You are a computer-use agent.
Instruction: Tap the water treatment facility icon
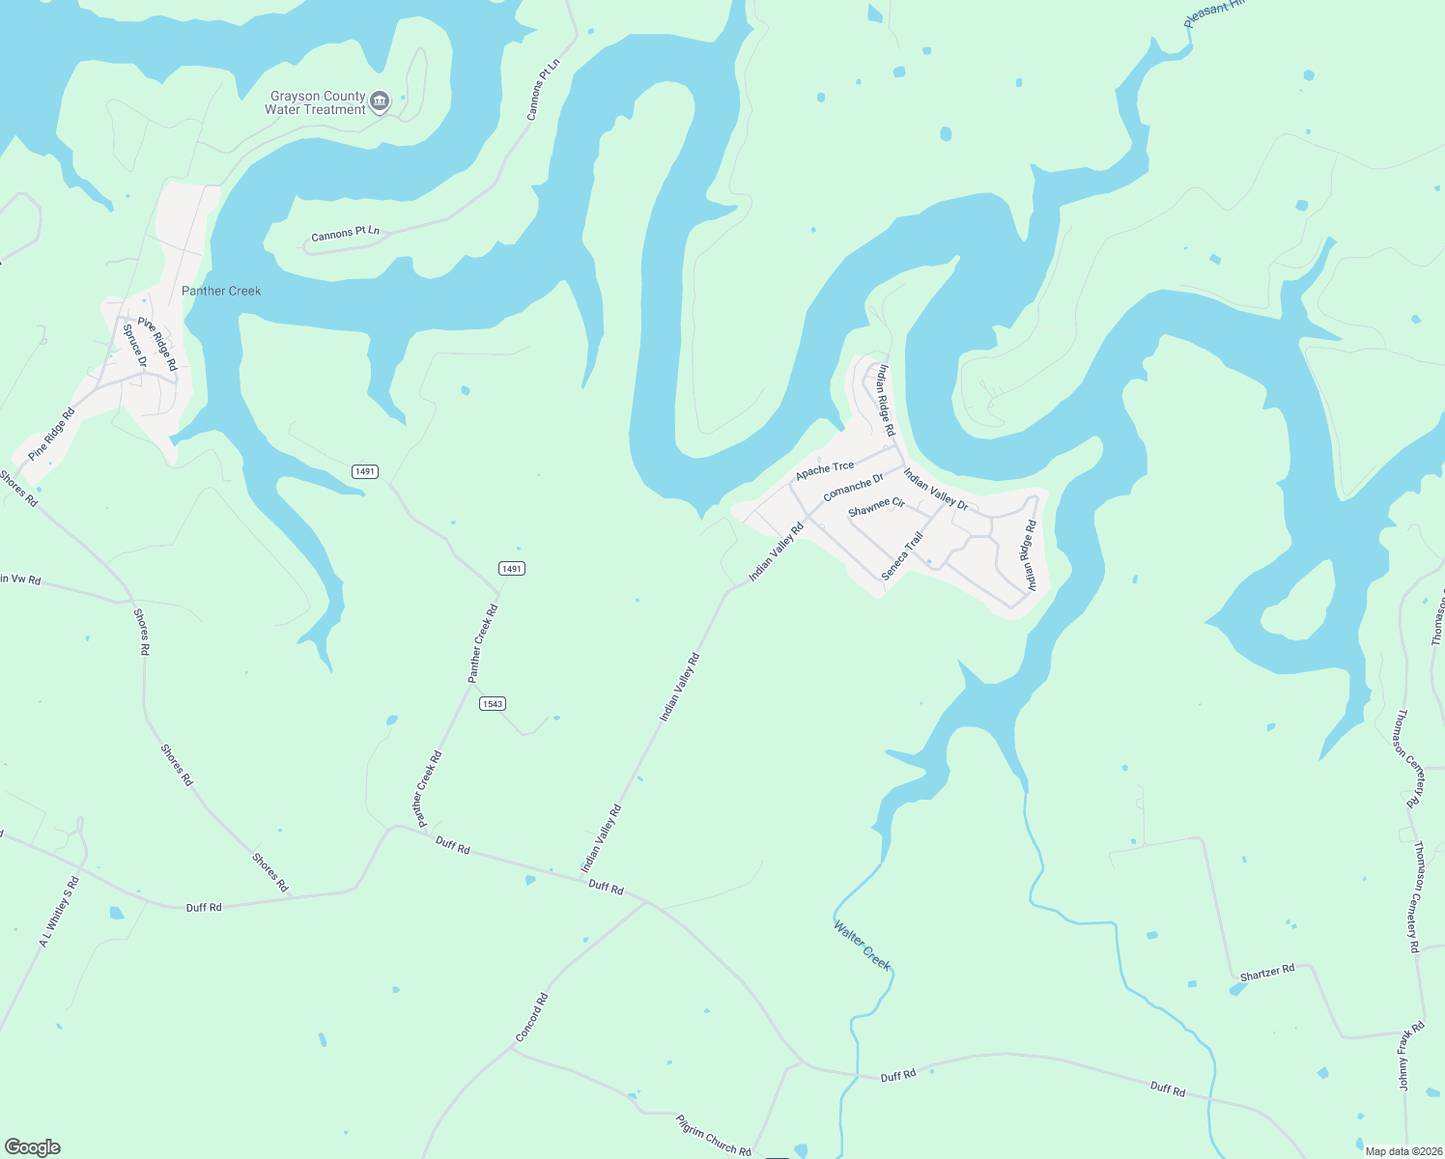click(x=381, y=101)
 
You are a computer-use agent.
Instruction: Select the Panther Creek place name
click(x=221, y=291)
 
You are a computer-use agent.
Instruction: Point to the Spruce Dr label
click(x=135, y=346)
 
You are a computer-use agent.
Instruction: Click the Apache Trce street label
click(x=825, y=470)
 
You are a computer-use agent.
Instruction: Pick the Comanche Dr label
click(x=853, y=487)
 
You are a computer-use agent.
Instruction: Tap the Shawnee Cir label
click(x=876, y=506)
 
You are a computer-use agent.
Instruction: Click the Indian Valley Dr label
click(x=935, y=489)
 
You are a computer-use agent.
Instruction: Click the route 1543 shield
click(x=493, y=703)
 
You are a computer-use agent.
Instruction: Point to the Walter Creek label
click(x=862, y=946)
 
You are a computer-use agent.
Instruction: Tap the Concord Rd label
click(x=531, y=1017)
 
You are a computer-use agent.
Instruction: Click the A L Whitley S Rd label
click(x=59, y=912)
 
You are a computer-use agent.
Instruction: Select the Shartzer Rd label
click(x=1266, y=973)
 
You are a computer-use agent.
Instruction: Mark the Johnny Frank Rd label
click(x=1411, y=1056)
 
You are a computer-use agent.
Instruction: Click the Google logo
click(x=33, y=1147)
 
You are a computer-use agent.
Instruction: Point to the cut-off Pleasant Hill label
click(x=1214, y=13)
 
